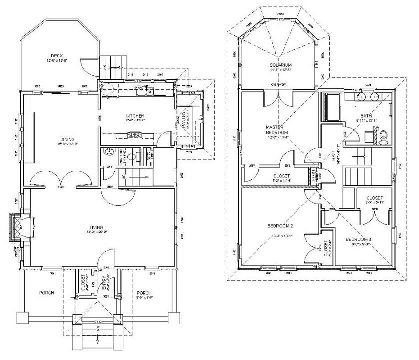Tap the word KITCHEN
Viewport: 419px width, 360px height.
click(x=135, y=115)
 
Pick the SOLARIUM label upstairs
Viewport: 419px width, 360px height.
click(x=279, y=65)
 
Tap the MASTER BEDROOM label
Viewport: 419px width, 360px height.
click(x=275, y=130)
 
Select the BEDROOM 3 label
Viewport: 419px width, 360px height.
click(x=358, y=239)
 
